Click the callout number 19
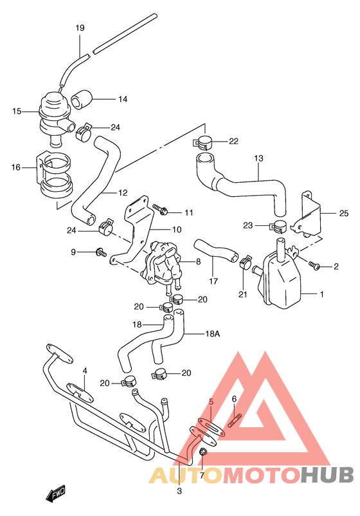click(80, 28)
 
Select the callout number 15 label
click(17, 111)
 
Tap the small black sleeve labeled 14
click(81, 99)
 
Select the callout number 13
click(258, 158)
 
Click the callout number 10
click(176, 230)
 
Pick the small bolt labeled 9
click(100, 252)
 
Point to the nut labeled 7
click(203, 453)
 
